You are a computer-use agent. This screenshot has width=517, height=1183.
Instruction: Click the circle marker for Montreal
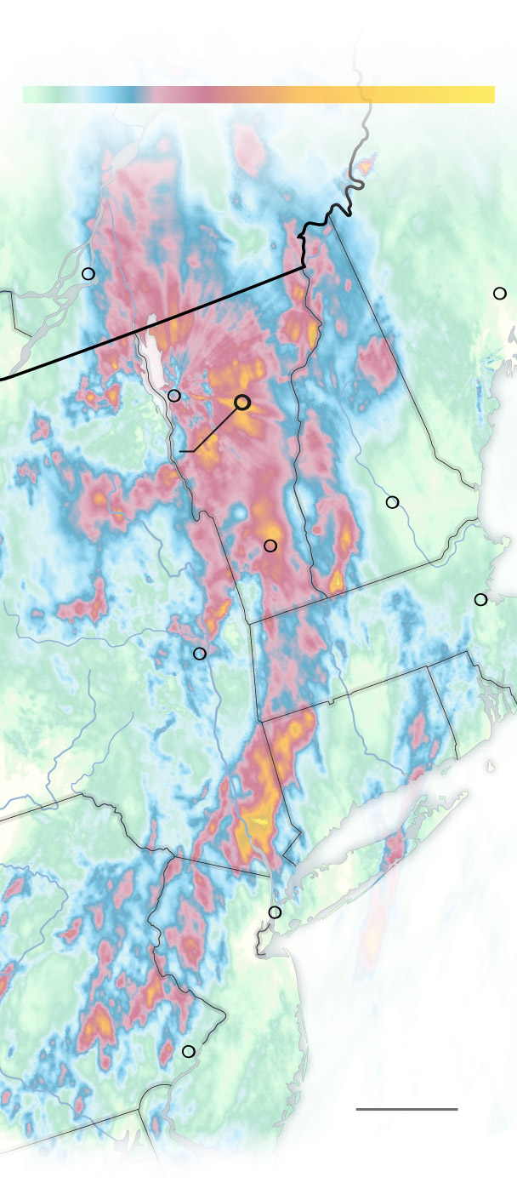(x=88, y=274)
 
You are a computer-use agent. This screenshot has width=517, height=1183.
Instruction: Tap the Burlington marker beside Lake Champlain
(x=174, y=396)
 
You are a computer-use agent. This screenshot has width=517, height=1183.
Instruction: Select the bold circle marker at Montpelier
(x=242, y=403)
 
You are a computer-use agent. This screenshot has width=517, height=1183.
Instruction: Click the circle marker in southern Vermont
(x=270, y=546)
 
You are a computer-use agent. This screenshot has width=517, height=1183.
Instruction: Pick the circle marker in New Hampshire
(x=392, y=502)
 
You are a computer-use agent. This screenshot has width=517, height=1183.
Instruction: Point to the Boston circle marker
(x=480, y=599)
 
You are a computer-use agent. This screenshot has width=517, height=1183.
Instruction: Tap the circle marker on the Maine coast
(x=500, y=294)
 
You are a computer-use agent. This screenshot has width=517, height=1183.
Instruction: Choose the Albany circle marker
(x=200, y=654)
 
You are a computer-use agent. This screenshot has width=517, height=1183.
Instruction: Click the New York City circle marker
(x=275, y=912)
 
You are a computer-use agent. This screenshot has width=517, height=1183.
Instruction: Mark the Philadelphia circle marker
(x=189, y=1051)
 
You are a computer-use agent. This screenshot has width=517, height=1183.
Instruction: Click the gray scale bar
(x=406, y=1109)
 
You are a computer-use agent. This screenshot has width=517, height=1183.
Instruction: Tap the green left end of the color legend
(x=34, y=94)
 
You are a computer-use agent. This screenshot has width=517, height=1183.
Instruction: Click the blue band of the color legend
(x=128, y=94)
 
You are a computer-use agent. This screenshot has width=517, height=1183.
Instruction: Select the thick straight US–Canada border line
(x=153, y=324)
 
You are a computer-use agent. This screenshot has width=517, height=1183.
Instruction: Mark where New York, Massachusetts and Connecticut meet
(x=261, y=723)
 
